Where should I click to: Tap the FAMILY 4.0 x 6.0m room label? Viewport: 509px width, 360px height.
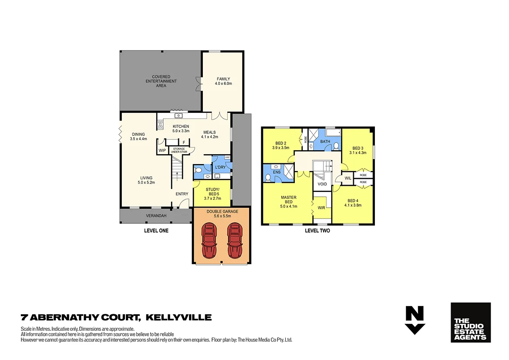tap(223, 81)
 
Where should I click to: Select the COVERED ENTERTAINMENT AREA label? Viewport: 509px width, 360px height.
tap(161, 81)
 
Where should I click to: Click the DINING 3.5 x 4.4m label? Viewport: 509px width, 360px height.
tap(138, 137)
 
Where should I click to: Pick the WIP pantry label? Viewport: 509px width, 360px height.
tap(162, 151)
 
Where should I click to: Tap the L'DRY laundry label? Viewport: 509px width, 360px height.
tap(220, 168)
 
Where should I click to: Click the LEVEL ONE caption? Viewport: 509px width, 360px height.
tap(156, 231)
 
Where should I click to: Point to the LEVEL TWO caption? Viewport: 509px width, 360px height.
tap(317, 231)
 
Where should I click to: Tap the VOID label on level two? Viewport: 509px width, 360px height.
tap(322, 184)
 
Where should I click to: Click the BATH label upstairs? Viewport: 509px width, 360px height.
tap(325, 142)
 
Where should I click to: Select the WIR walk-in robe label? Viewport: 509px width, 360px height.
tap(321, 208)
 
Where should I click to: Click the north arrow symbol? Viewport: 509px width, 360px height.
tap(415, 320)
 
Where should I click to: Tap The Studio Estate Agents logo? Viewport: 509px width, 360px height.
tap(470, 323)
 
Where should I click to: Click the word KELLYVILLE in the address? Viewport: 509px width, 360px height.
tap(179, 317)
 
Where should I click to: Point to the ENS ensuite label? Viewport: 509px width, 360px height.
tap(277, 172)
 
